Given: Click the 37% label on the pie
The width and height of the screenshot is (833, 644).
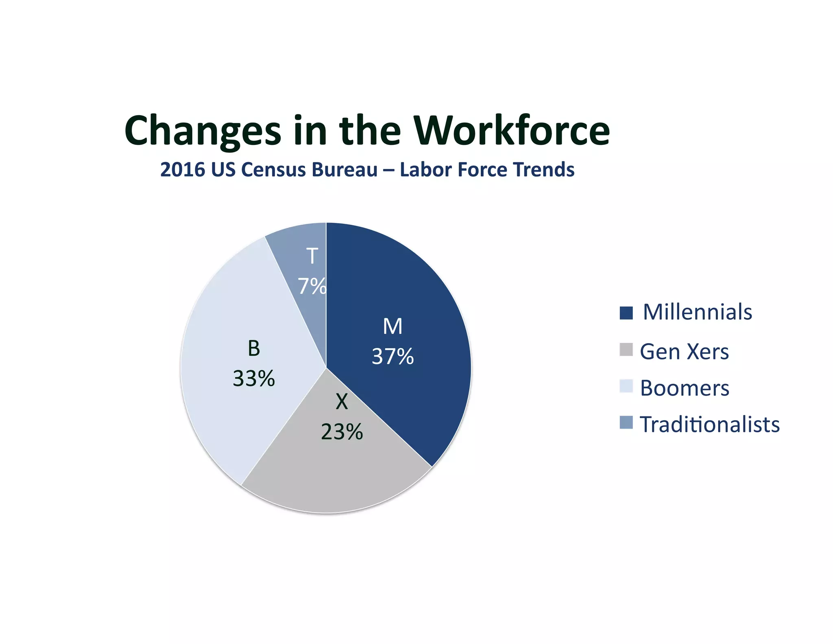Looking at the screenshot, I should tap(393, 357).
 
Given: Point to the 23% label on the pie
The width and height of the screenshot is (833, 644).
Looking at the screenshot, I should tap(342, 432).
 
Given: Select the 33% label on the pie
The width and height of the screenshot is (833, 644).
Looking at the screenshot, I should tap(254, 379).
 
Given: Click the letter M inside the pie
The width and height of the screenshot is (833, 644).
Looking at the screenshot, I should tap(393, 326).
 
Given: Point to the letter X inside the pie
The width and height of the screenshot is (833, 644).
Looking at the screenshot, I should tap(342, 402).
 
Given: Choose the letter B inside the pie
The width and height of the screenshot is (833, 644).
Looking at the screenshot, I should tap(254, 348).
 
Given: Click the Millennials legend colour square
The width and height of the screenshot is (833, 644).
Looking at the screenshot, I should tap(626, 313).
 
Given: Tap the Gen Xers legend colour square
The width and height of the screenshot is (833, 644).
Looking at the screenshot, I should tap(626, 350).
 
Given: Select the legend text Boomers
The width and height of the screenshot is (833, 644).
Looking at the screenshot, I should tap(685, 388).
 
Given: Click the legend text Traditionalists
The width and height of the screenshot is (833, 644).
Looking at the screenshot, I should tap(710, 425).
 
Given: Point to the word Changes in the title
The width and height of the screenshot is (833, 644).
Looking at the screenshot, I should tap(203, 131).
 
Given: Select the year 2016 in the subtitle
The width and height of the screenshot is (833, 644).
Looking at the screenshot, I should tap(183, 170).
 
